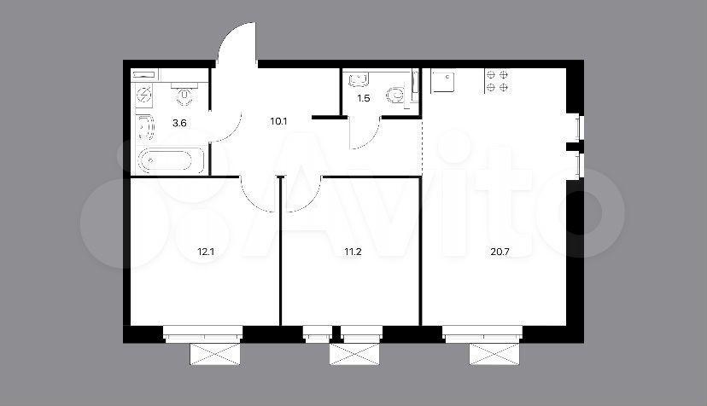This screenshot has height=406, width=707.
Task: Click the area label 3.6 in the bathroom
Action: pos(179,123)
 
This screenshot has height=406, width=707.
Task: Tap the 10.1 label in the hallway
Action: pos(278,121)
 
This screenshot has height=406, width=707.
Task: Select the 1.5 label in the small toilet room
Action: pos(364,98)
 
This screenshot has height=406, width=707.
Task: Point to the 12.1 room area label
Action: pos(206,252)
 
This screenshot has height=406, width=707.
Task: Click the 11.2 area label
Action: pos(353,252)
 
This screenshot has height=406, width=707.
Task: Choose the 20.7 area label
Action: pos(500,252)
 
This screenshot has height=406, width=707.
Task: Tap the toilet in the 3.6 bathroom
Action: pos(184,94)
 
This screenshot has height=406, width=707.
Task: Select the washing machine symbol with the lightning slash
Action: pos(144,95)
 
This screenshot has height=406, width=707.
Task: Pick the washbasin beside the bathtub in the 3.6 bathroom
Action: pos(145,128)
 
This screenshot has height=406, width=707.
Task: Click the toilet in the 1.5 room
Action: pos(397,95)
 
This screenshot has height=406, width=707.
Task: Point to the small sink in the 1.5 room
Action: pos(359,80)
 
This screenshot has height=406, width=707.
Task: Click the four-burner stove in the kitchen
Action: pos(497,81)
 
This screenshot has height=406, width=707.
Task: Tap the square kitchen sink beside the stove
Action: pos(443,81)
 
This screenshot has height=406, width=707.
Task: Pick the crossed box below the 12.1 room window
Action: pos(214,354)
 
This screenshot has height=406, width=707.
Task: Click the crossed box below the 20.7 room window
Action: pos(494,354)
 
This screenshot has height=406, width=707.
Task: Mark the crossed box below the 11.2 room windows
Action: pos(354,354)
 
